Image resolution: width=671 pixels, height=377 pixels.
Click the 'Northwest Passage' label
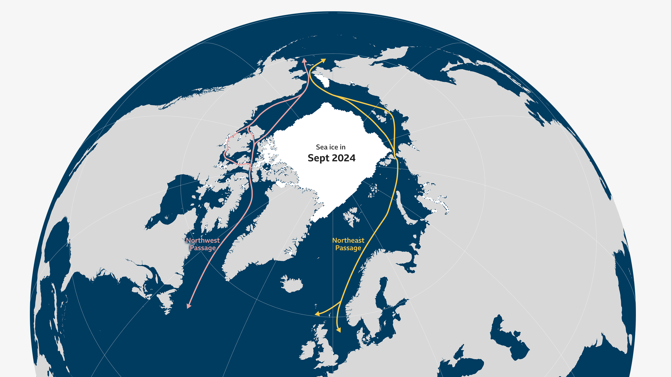(x=203, y=244)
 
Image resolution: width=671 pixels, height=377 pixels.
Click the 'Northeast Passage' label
(x=348, y=244)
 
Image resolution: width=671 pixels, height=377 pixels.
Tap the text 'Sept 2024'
(x=331, y=158)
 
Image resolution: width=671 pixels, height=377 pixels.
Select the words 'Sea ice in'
(x=331, y=147)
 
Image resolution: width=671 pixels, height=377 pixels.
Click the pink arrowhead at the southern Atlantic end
(x=188, y=306)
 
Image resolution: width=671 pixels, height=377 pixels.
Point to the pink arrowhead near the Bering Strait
(x=304, y=60)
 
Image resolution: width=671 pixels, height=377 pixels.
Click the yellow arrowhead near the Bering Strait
(x=323, y=60)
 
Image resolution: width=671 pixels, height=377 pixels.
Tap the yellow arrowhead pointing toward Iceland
(x=317, y=313)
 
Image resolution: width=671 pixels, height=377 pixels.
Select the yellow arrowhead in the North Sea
(x=339, y=330)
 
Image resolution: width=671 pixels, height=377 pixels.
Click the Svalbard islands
(x=351, y=216)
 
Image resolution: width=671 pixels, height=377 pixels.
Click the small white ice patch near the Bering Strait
(x=322, y=80)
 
